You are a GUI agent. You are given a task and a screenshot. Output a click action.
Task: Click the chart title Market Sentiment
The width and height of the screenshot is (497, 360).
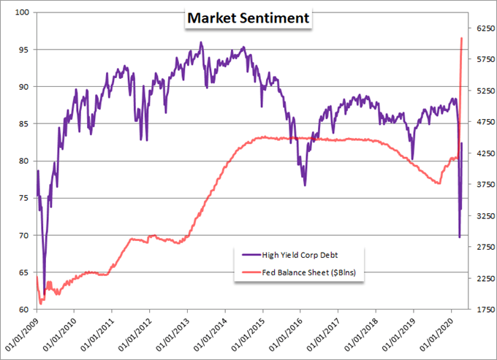(248, 18)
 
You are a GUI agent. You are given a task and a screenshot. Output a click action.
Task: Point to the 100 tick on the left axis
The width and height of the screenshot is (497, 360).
(22, 12)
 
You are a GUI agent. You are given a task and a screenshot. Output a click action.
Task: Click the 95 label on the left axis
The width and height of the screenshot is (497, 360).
(24, 50)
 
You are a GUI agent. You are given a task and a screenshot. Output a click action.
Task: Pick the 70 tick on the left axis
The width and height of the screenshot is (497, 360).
(24, 236)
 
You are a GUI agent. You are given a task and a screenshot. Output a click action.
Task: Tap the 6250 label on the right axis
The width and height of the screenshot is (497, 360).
(485, 28)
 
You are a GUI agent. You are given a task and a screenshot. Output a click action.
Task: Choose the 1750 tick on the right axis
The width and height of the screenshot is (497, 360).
(485, 310)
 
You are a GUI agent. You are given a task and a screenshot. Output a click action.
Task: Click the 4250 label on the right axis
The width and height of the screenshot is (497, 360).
(485, 153)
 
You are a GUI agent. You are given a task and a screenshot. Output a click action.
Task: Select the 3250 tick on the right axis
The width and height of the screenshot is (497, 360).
(485, 216)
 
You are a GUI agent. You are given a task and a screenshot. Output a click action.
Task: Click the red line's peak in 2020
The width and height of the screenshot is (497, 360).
(461, 38)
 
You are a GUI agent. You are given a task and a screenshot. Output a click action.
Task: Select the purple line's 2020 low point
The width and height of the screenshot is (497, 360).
(460, 237)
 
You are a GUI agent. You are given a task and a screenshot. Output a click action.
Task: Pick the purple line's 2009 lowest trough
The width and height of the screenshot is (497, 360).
(44, 294)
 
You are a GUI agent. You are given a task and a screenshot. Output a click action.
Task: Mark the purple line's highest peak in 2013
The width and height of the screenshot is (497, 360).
(201, 42)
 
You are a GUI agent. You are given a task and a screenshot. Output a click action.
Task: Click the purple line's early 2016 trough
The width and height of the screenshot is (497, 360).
(305, 185)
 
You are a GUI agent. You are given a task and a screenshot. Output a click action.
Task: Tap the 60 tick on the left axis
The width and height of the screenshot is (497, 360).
(24, 310)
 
